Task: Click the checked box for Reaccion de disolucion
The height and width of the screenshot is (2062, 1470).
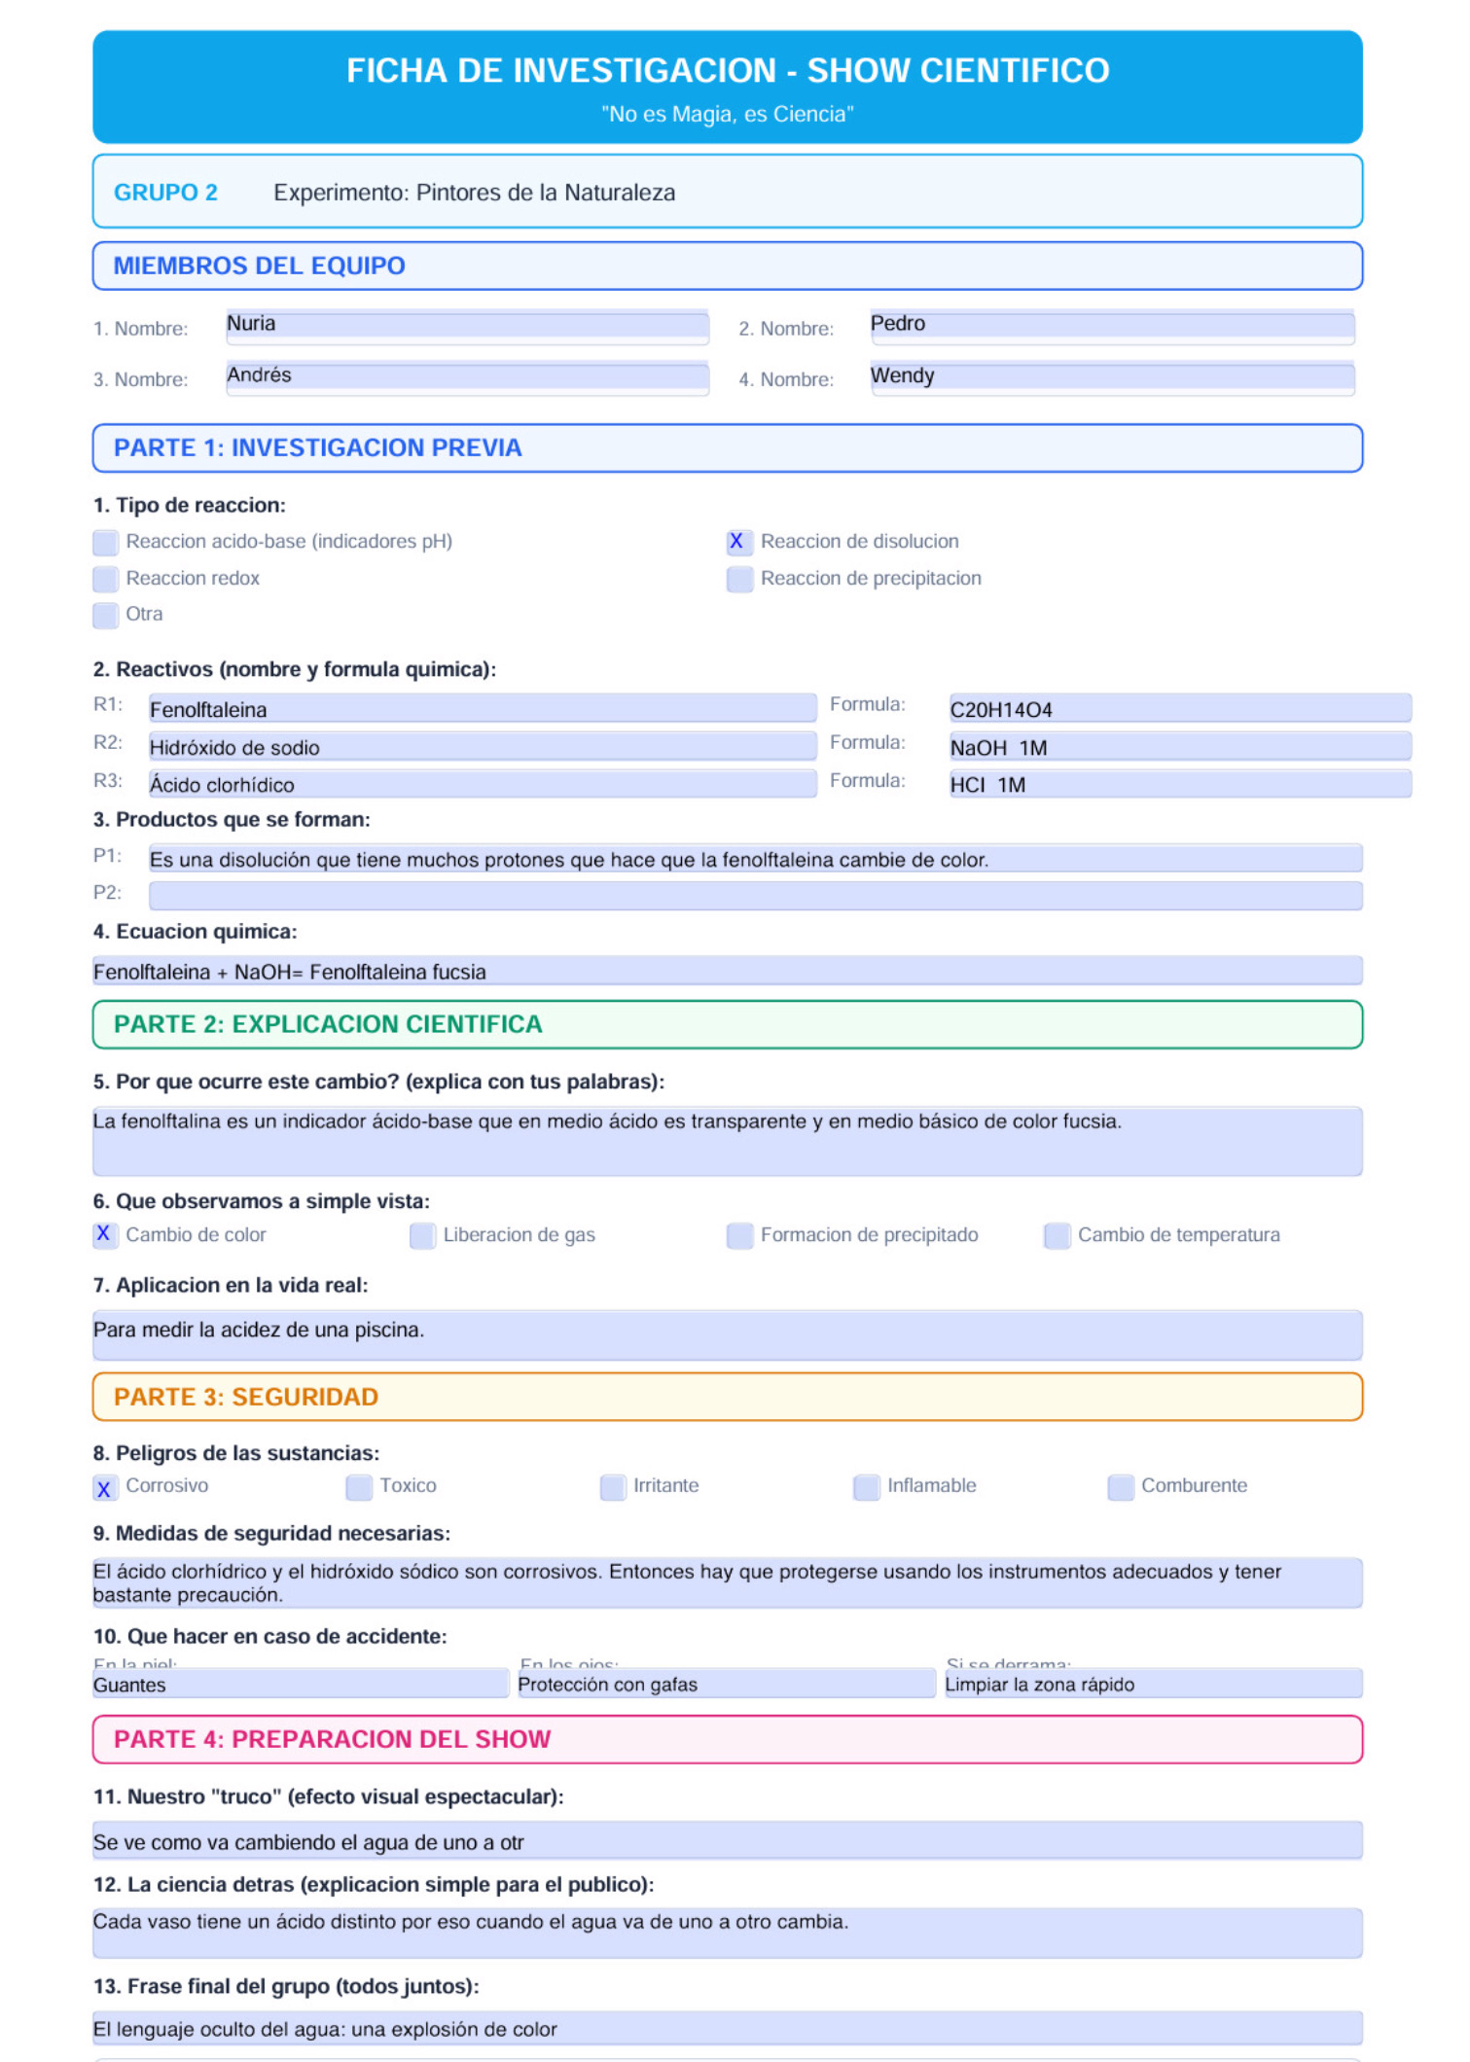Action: [738, 542]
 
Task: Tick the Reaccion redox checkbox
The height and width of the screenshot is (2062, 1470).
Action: [105, 579]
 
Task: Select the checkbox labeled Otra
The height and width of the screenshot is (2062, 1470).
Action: [105, 615]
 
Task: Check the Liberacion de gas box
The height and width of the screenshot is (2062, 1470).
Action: [422, 1235]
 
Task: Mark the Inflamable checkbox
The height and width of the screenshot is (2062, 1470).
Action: [866, 1486]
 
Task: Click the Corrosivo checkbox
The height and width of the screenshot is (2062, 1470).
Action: [105, 1487]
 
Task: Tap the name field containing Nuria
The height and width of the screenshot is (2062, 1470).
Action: [467, 325]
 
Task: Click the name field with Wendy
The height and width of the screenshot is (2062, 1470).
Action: [1111, 376]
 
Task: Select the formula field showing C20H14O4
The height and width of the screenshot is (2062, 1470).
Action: [1179, 709]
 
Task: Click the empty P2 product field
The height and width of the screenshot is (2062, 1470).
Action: [755, 895]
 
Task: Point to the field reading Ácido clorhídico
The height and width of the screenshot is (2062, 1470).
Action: [483, 784]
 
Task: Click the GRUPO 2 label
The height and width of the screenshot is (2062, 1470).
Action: [165, 193]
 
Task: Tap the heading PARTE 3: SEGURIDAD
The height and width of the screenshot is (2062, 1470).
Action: [246, 1397]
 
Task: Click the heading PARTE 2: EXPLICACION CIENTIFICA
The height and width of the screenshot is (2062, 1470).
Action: [328, 1024]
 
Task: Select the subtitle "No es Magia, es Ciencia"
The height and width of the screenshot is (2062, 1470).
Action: [728, 115]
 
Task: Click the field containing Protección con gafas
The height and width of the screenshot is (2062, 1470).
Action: [726, 1684]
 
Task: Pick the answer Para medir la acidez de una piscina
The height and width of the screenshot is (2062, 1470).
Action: [727, 1333]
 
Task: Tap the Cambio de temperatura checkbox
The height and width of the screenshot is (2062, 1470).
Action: [1057, 1235]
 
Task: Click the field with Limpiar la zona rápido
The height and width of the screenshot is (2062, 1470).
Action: [1152, 1684]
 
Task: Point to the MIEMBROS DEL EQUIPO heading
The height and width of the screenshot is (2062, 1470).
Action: [259, 266]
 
